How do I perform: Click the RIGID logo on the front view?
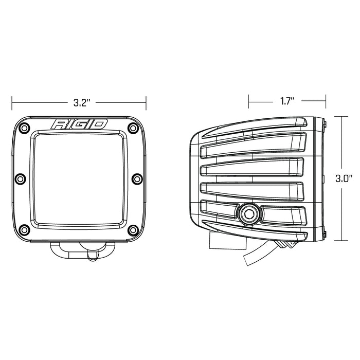click(x=79, y=124)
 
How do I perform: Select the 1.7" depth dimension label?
click(x=287, y=101)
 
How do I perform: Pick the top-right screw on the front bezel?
click(x=133, y=127)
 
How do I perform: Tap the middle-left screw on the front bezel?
click(x=20, y=178)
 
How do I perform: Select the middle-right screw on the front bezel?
click(x=137, y=178)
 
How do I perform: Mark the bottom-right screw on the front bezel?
click(x=133, y=229)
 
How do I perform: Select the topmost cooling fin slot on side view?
click(x=252, y=146)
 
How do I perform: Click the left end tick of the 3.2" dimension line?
click(x=12, y=102)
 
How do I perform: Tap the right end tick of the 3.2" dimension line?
click(x=146, y=102)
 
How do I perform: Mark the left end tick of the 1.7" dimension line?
click(x=248, y=101)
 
